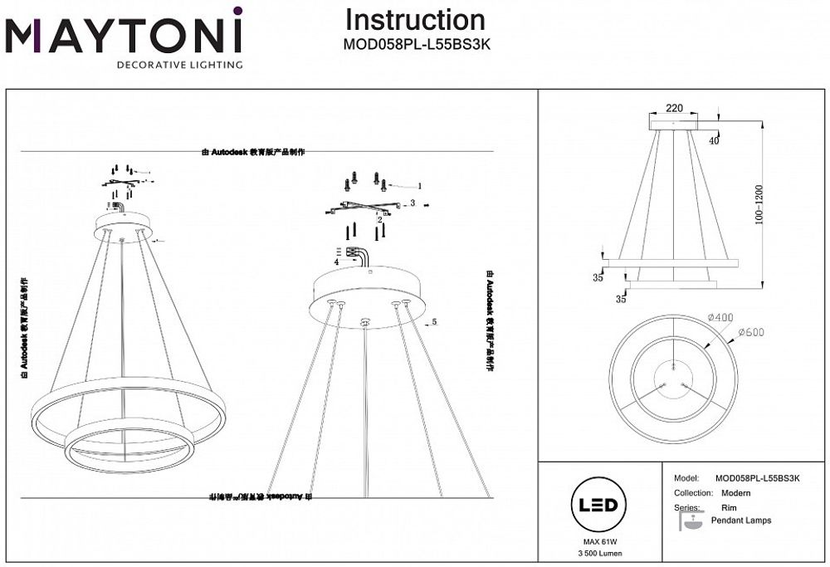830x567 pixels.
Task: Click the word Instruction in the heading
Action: point(415,20)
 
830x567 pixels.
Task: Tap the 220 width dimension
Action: point(674,109)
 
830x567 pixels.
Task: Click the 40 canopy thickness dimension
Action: point(714,140)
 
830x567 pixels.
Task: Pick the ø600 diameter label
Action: point(750,333)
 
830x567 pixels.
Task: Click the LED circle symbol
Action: point(596,505)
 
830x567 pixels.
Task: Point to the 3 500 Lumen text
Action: point(596,554)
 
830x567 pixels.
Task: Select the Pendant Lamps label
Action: point(740,521)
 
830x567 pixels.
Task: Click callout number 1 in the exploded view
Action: point(420,186)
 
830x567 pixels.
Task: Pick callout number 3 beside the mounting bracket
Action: point(413,203)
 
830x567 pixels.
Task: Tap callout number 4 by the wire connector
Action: point(336,262)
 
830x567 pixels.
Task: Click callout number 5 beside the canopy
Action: point(433,321)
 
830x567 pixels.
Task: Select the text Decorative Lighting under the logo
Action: point(179,64)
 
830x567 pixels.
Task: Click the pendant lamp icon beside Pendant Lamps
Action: point(688,521)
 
